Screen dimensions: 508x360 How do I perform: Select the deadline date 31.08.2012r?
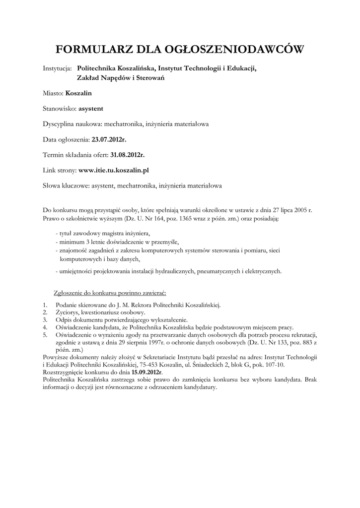click(128, 155)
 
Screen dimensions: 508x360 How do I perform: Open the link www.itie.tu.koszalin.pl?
click(114, 170)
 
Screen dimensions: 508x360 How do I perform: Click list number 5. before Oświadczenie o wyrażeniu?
click(45, 335)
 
